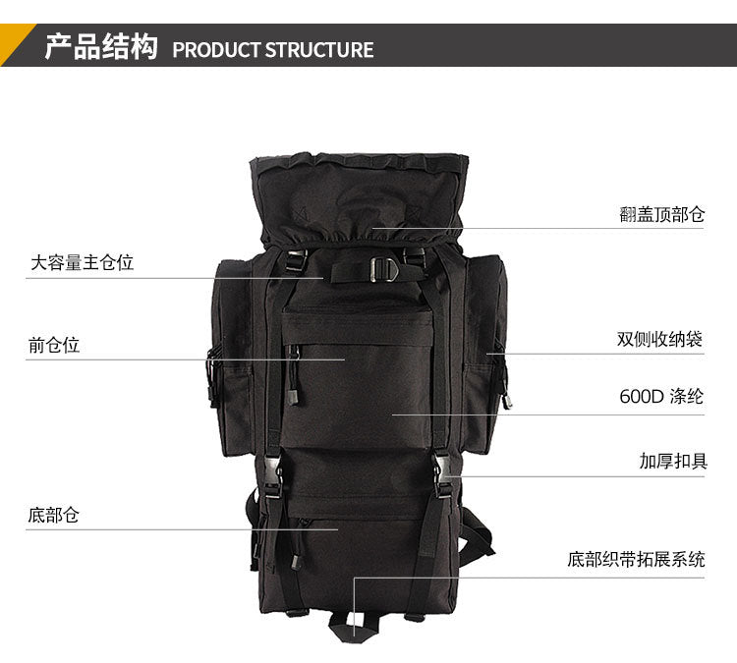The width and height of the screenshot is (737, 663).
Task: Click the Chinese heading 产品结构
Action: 101,46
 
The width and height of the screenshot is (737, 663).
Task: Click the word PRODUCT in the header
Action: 216,50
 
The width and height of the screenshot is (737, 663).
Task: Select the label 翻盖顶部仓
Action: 661,214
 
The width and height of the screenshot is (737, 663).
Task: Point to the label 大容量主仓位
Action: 83,262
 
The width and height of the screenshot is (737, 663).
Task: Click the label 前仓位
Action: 54,346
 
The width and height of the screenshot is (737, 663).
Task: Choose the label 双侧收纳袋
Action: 659,339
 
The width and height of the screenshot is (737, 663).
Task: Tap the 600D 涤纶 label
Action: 661,397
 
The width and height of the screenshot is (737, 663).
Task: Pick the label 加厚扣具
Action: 673,461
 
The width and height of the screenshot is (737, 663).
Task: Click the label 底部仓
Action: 53,515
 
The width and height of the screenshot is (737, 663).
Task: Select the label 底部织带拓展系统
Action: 636,559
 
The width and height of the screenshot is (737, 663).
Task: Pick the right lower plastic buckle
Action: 442,474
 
